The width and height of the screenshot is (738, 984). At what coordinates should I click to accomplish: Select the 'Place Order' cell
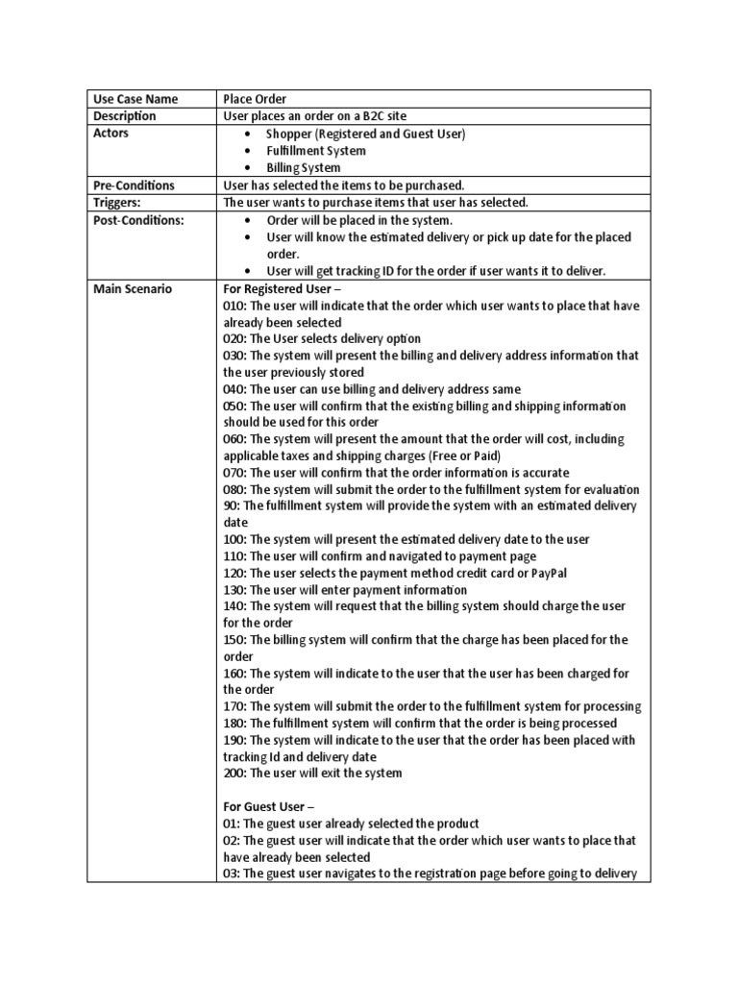(x=255, y=99)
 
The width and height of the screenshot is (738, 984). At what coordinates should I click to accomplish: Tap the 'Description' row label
(x=124, y=116)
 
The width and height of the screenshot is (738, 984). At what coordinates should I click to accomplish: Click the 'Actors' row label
(x=111, y=134)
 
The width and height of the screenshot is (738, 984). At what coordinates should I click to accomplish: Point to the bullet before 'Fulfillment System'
(x=249, y=151)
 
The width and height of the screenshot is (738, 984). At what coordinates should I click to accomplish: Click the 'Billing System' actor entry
(x=303, y=167)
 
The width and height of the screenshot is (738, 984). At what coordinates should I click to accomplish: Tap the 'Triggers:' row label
(x=118, y=202)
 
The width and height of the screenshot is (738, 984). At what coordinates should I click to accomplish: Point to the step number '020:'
(x=234, y=338)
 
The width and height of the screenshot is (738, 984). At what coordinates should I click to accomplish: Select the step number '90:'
(x=232, y=505)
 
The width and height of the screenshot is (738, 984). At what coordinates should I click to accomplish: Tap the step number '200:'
(x=234, y=773)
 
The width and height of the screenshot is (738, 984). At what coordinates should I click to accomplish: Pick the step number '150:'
(x=234, y=639)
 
